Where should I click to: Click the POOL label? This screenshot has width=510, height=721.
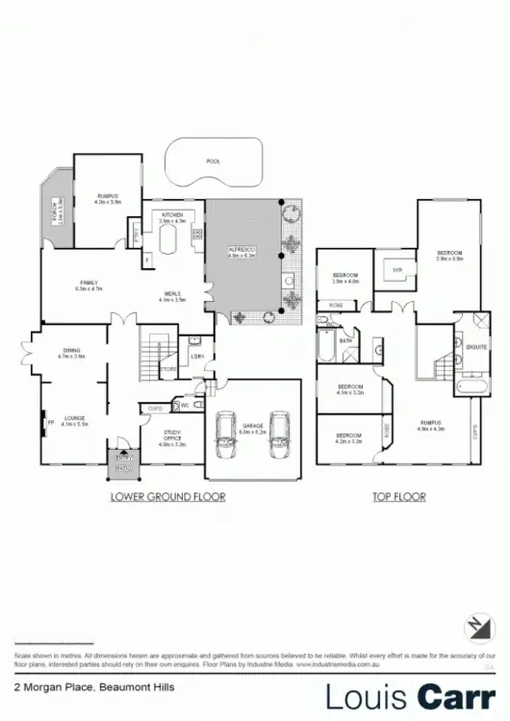[x=214, y=162]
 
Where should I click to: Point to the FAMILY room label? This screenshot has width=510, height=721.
[x=89, y=283]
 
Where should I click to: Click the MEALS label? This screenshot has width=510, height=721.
[x=172, y=295]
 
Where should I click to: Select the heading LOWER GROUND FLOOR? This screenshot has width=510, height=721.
[x=167, y=497]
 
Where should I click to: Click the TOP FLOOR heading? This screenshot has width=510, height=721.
[x=398, y=497]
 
